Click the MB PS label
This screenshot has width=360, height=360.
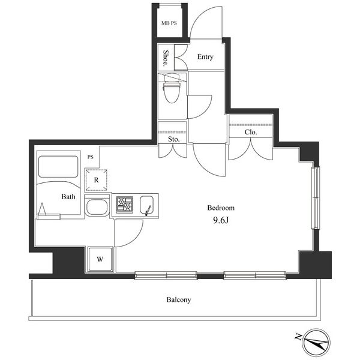pyautogui.click(x=169, y=23)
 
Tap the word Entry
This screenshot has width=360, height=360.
pyautogui.click(x=205, y=57)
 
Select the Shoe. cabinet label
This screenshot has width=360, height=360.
pyautogui.click(x=166, y=58)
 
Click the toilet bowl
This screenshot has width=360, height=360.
pyautogui.click(x=172, y=92)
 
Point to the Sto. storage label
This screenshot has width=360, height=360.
pyautogui.click(x=173, y=139)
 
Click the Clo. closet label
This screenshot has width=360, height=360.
pyautogui.click(x=251, y=132)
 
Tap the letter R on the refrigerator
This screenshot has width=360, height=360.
pyautogui.click(x=96, y=180)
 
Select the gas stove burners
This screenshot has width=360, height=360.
pyautogui.click(x=124, y=205)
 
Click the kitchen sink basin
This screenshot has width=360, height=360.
pyautogui.click(x=147, y=205)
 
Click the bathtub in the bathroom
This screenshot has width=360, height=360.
pyautogui.click(x=58, y=167)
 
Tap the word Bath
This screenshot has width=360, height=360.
pyautogui.click(x=68, y=197)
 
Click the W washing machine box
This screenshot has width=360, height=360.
pyautogui.click(x=100, y=259)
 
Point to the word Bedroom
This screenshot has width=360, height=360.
pyautogui.click(x=221, y=208)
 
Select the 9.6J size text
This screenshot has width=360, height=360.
pyautogui.click(x=221, y=220)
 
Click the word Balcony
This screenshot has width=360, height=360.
pyautogui.click(x=179, y=300)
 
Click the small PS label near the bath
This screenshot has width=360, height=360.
pyautogui.click(x=91, y=157)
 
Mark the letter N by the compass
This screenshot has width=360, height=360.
pyautogui.click(x=298, y=337)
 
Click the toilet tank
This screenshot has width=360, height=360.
pyautogui.click(x=172, y=77)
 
